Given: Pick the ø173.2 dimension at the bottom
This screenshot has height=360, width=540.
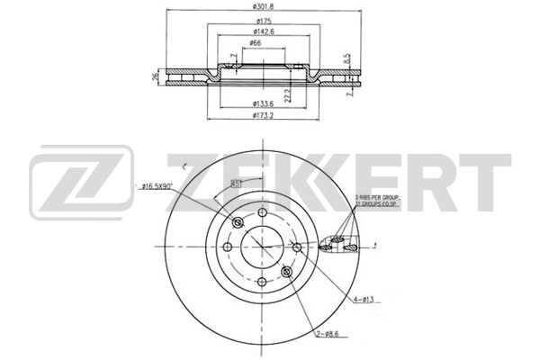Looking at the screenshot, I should [263, 117].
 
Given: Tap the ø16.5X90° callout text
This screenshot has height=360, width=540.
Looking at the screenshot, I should [157, 186].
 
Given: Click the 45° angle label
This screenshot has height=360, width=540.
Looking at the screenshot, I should [237, 184].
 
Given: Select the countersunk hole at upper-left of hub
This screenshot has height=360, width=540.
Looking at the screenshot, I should [238, 223].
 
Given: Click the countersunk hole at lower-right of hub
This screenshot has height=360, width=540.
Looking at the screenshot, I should [286, 273].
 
